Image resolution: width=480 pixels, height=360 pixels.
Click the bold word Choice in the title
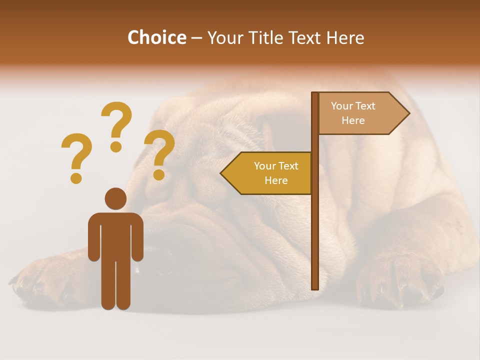tap(156, 37)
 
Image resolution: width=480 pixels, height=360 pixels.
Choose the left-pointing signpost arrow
tap(267, 173)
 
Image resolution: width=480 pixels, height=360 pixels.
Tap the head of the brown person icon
tap(115, 198)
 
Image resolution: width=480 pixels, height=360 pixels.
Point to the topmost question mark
tap(116, 125)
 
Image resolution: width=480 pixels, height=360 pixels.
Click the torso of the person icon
tap(115, 235)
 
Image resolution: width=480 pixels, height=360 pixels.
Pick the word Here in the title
tap(344, 37)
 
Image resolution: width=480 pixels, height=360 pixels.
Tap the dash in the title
tap(196, 38)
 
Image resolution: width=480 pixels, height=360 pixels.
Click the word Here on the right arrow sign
tap(353, 120)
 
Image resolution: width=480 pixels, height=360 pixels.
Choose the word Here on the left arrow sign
tap(276, 180)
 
